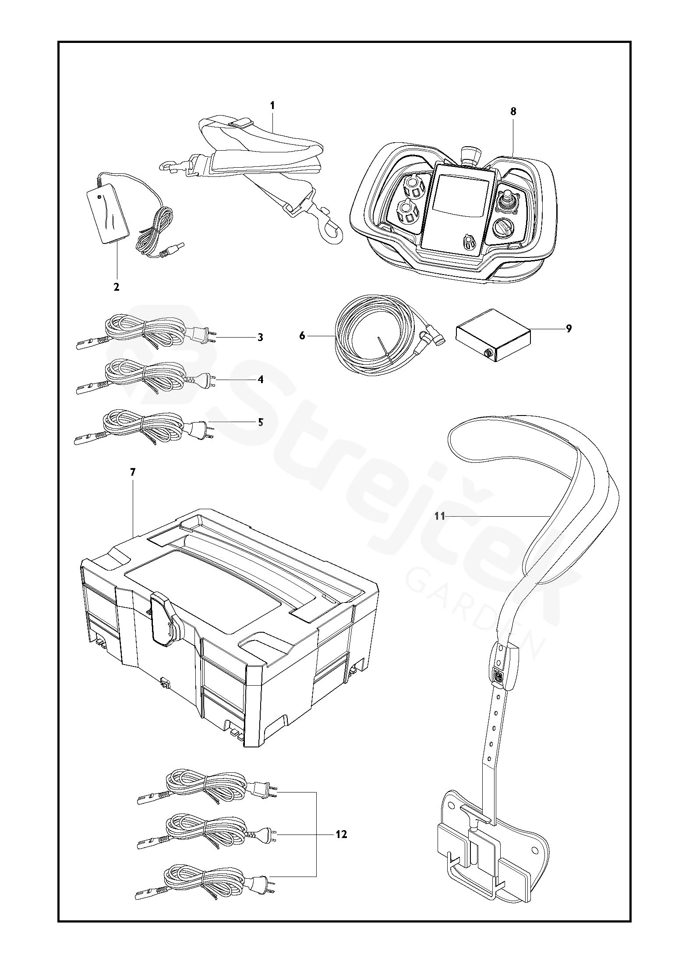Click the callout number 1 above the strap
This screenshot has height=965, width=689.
(272, 105)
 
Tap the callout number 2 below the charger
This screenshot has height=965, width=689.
(116, 287)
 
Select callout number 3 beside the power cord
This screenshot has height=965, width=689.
(260, 337)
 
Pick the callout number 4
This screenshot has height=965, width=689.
(260, 380)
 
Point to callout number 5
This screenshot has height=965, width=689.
(260, 422)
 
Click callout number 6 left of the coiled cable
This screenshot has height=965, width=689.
(302, 335)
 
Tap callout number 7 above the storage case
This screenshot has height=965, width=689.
(133, 472)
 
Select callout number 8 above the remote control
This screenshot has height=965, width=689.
(513, 111)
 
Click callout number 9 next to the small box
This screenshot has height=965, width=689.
(569, 328)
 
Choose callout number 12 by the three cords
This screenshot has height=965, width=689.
(341, 835)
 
